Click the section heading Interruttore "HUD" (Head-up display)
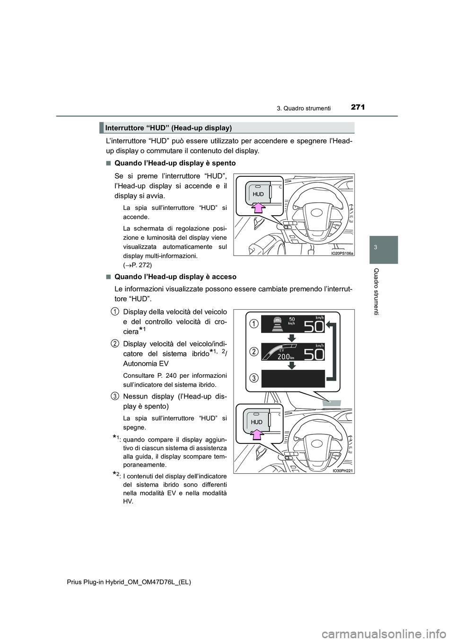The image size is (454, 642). click(168, 128)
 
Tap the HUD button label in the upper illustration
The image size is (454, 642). click(258, 194)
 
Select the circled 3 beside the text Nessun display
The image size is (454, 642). click(115, 395)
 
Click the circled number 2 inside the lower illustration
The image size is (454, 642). click(254, 351)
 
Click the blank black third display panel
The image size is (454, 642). click(293, 379)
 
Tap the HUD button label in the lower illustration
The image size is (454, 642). click(257, 422)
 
